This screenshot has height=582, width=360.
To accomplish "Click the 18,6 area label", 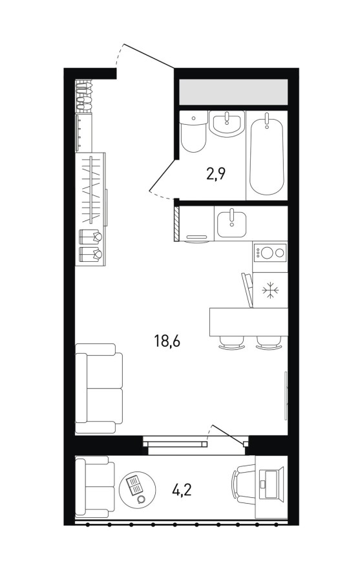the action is click(x=167, y=341).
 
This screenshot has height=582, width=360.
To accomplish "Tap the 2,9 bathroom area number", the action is click(x=216, y=173).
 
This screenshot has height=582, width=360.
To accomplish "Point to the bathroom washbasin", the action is click(x=227, y=124).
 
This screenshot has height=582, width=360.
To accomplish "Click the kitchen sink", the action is click(x=231, y=224).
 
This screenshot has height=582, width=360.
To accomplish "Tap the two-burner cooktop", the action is click(x=270, y=253).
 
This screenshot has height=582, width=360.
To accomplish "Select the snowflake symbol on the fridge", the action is click(x=270, y=290).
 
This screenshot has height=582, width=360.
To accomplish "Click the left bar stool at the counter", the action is click(x=231, y=343).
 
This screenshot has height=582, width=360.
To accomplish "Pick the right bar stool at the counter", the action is click(x=268, y=343).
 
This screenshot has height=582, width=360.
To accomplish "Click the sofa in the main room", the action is click(x=99, y=388).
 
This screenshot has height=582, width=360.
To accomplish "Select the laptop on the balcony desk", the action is click(x=269, y=484).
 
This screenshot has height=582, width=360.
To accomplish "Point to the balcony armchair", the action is click(x=95, y=486).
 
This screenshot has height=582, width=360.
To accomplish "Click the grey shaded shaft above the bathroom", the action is click(x=233, y=92).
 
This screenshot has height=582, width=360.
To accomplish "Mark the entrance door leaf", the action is click(x=149, y=56).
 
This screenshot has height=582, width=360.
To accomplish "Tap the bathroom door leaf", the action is click(x=164, y=175).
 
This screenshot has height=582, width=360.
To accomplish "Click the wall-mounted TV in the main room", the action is click(x=286, y=396).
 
